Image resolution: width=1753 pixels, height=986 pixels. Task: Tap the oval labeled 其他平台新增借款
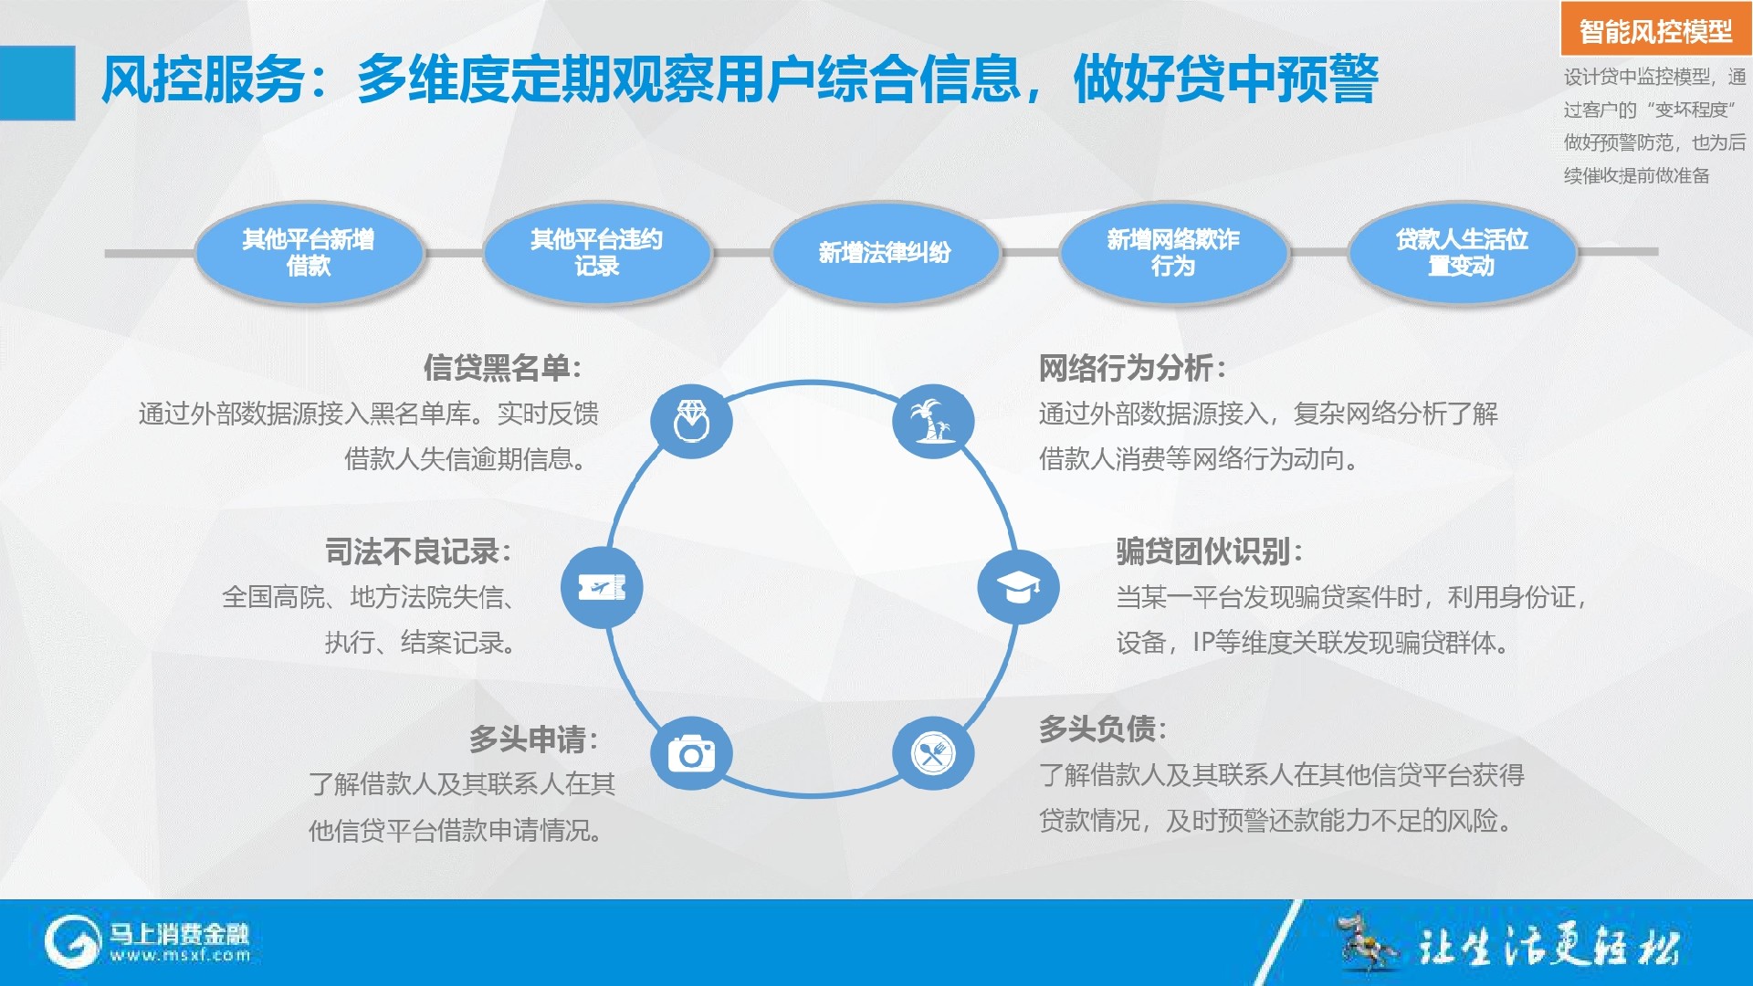309,253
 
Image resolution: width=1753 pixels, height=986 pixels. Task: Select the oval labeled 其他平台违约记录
597,253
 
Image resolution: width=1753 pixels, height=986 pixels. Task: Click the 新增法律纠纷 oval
885,253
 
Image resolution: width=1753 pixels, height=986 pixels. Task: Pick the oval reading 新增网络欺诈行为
1173,253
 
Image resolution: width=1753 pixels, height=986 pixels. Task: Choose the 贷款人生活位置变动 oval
1462,253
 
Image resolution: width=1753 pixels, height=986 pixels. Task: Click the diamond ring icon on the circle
691,421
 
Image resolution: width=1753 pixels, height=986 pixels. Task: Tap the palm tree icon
933,421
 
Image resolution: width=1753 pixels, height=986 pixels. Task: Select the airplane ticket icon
602,587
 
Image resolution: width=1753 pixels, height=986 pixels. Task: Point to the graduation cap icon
1019,587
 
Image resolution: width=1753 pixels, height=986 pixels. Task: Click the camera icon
691,754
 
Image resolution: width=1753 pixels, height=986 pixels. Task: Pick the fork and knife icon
933,754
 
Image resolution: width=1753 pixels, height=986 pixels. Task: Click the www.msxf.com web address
180,956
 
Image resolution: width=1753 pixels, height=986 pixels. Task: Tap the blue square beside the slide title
37,83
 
